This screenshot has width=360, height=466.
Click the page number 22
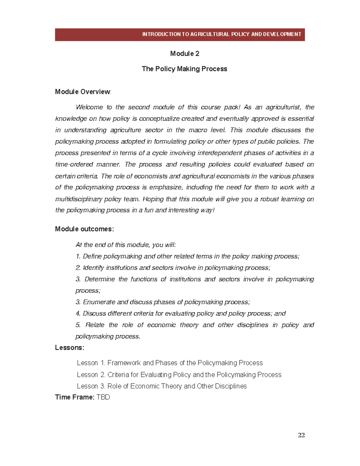coord(301,435)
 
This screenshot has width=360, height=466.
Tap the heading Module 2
coord(184,54)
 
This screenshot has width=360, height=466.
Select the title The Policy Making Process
coord(184,69)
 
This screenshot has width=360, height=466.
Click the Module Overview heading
coord(83,92)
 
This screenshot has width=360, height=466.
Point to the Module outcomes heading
coord(84,229)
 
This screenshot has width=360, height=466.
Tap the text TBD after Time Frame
coord(103,397)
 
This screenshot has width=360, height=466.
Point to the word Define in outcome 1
coord(92,257)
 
